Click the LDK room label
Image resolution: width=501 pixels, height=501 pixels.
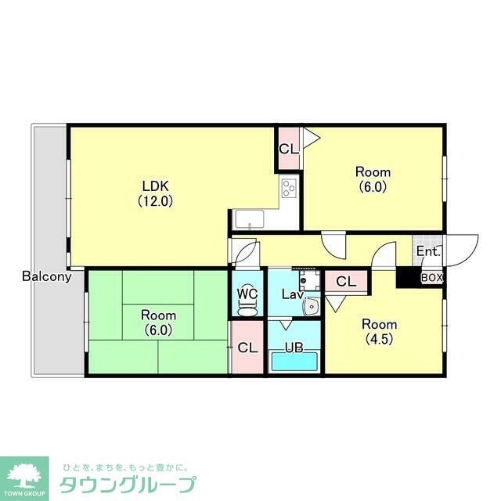(x=156, y=186)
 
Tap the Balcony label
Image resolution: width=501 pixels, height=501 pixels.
(x=47, y=276)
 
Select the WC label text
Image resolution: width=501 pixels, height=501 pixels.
(x=247, y=294)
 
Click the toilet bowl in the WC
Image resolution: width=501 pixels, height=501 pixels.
(x=247, y=309)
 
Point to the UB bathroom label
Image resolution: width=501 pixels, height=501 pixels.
(x=294, y=348)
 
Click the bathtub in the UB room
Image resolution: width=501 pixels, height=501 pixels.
(x=294, y=362)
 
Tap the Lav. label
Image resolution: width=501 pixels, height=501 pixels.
(x=293, y=294)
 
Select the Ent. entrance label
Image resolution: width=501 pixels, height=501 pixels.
(x=428, y=252)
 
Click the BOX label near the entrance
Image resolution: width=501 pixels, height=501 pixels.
(x=432, y=277)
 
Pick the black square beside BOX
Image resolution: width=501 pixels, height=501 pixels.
(x=407, y=277)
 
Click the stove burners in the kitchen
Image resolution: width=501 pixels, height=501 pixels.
(x=289, y=189)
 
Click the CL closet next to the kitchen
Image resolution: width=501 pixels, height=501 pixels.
(x=288, y=149)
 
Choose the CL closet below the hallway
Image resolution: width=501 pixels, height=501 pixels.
(x=345, y=281)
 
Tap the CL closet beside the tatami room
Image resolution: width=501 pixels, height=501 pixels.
(x=248, y=348)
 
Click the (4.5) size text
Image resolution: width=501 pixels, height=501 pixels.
(x=378, y=340)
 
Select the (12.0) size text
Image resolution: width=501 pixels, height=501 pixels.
(x=156, y=200)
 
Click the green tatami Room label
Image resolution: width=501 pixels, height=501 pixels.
(x=158, y=315)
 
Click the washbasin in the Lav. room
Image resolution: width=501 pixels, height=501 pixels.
(x=310, y=306)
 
